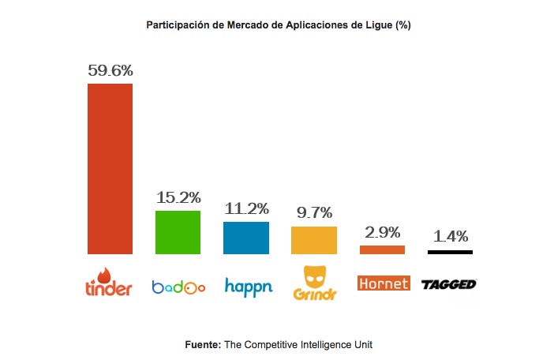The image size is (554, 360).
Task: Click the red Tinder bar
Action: coord(110,168)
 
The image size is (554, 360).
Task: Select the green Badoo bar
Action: coord(178,232)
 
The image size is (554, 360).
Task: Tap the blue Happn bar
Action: coord(245,238)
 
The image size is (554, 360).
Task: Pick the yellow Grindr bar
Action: coord(314,240)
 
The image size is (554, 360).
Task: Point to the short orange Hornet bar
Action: coord(382,249)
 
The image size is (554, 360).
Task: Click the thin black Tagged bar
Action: coord(450,252)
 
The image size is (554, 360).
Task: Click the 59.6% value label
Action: coord(110,70)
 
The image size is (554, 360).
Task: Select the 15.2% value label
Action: coord(178,197)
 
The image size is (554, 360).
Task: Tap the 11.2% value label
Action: coord(245,209)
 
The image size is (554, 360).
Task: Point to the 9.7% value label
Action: coord(314,213)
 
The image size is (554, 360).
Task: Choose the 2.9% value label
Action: coord(382,233)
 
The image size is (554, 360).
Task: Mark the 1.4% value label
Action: coord(451,237)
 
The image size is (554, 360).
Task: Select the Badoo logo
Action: coord(178,287)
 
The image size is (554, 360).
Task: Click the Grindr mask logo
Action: coord(314,278)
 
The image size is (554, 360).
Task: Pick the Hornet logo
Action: coord(384,283)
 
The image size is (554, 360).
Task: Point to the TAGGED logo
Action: coord(449,283)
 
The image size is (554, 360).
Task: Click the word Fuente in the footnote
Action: coord(202,344)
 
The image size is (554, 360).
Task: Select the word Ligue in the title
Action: coord(379,25)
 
